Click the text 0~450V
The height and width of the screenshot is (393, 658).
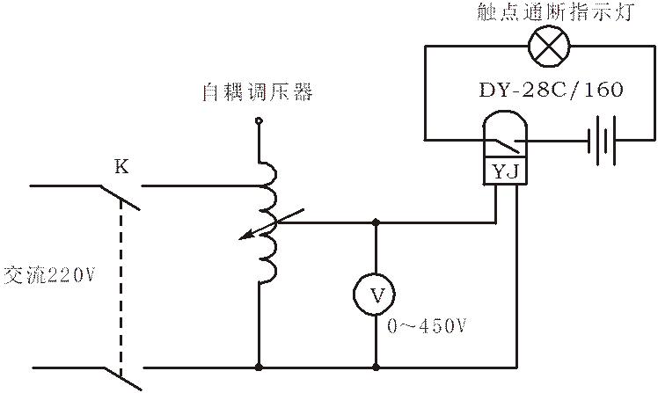click(424, 325)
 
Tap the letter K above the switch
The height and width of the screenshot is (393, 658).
click(121, 166)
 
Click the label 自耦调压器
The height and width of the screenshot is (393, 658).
click(257, 91)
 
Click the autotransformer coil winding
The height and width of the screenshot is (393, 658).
click(267, 220)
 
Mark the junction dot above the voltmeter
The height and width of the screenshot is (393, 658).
click(377, 223)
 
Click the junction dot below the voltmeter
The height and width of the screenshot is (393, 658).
click(377, 364)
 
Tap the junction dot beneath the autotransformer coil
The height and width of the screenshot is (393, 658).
click(260, 364)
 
